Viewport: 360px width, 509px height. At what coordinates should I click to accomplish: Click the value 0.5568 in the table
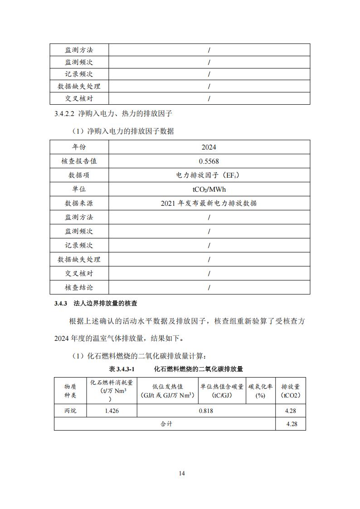pos(209,161)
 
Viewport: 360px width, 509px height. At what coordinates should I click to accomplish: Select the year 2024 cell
pos(209,147)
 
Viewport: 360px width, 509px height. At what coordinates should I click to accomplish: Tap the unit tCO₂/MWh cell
pos(209,189)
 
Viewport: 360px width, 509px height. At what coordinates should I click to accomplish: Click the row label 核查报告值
pos(79,161)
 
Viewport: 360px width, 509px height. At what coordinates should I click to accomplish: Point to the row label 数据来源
pos(79,203)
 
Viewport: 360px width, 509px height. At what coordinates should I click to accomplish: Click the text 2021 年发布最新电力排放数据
pos(209,203)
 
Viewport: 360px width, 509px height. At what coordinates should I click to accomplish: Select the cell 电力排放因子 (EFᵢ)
pos(209,175)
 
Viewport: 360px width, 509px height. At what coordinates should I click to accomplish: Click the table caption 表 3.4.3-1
pos(122,369)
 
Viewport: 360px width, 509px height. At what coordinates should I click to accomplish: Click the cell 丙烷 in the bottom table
pos(70,411)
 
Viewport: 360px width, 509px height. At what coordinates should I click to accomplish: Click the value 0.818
pos(206,411)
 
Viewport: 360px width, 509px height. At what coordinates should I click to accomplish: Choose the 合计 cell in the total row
pos(166,424)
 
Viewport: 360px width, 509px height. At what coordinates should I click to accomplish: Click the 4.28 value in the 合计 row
pos(291,424)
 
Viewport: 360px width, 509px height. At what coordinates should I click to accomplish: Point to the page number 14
pos(181,474)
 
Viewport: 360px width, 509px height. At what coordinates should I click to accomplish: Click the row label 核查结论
pos(79,287)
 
